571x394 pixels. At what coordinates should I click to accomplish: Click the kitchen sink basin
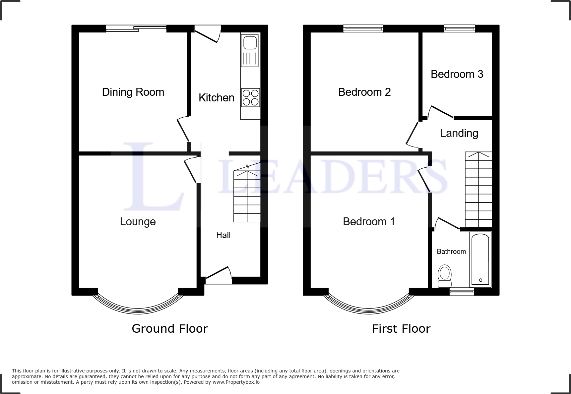click(250, 43)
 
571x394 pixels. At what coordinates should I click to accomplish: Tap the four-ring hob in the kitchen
click(250, 97)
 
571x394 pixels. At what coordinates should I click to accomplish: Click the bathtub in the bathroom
click(480, 259)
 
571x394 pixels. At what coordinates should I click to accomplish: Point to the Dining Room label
click(133, 92)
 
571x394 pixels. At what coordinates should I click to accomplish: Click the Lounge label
click(138, 222)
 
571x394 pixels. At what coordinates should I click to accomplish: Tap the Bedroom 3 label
click(457, 74)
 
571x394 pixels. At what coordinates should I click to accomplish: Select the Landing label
click(459, 133)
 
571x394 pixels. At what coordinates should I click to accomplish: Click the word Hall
click(223, 235)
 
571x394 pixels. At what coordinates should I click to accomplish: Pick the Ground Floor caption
click(169, 329)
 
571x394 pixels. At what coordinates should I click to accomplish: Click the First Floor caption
click(401, 329)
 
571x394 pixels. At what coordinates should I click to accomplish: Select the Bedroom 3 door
click(441, 112)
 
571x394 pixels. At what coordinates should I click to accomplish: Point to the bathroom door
click(447, 223)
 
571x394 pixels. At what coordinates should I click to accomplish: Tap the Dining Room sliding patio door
click(136, 29)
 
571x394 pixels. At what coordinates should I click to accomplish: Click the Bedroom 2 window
click(363, 29)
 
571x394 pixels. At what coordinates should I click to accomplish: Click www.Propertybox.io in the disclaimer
click(236, 382)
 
